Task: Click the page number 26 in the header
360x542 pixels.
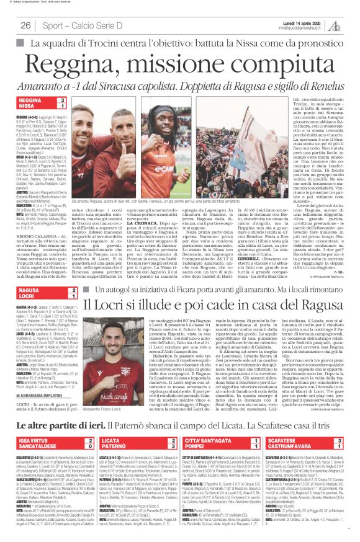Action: (26, 24)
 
